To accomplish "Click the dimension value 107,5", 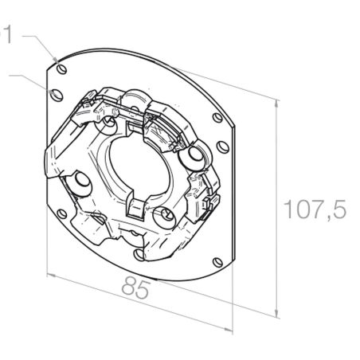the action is click(x=315, y=209).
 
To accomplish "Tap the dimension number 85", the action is click(x=136, y=288).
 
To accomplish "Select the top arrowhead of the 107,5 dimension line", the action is click(x=276, y=104).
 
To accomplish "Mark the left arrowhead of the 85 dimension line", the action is click(x=51, y=276).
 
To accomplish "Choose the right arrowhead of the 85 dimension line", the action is click(x=228, y=330).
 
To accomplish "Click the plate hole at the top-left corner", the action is click(x=62, y=69).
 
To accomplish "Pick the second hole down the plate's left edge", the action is click(x=57, y=95).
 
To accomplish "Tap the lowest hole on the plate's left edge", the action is click(x=62, y=214).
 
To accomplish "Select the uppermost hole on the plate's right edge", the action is click(x=217, y=118).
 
